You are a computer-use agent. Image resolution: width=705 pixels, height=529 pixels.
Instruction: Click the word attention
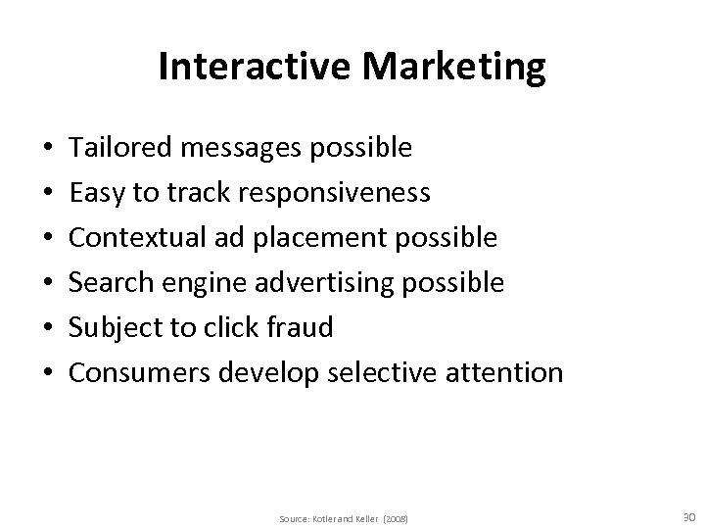tap(508, 372)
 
